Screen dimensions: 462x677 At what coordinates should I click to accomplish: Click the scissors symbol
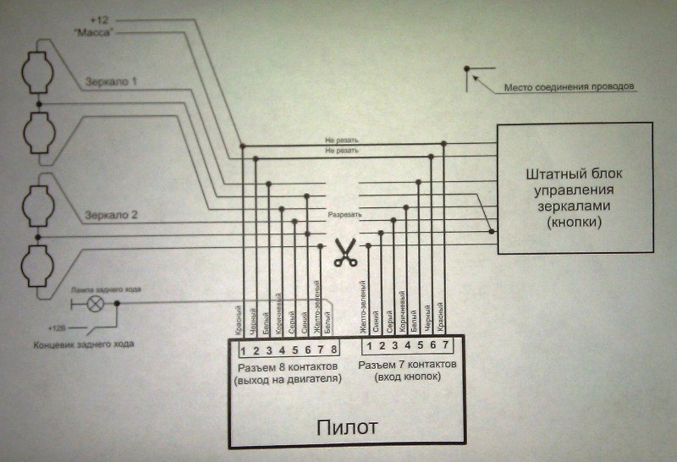[x=344, y=252]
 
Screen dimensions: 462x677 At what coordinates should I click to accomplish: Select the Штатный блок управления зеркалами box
[x=575, y=188]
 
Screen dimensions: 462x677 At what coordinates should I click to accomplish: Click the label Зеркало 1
[x=111, y=82]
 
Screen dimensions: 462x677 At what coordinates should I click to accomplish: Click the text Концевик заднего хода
[x=84, y=344]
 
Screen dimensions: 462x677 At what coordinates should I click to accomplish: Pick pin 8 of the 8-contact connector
[x=335, y=348]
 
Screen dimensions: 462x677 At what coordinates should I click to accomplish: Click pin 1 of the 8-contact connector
[x=244, y=348]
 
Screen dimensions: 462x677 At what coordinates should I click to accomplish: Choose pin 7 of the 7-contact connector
[x=445, y=345]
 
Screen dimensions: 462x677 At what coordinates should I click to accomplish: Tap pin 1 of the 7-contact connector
[x=369, y=345]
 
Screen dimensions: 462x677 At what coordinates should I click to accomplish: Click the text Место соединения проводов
[x=569, y=86]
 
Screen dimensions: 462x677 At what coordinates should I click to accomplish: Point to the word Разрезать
[x=344, y=215]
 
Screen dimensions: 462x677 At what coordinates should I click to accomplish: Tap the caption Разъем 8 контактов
[x=288, y=366]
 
